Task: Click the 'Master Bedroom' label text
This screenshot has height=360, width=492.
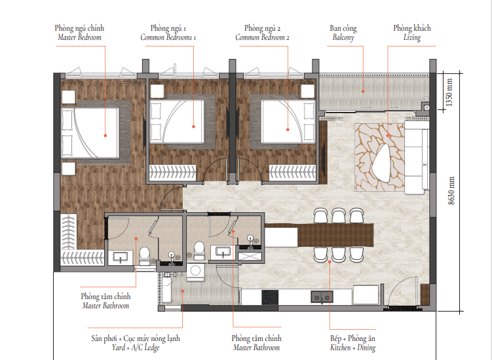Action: click(79, 37)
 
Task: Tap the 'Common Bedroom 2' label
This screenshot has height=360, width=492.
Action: click(262, 37)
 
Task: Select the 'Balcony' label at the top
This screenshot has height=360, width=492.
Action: click(343, 37)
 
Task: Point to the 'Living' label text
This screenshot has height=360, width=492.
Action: click(412, 37)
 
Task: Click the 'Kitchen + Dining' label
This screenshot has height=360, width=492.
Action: click(352, 348)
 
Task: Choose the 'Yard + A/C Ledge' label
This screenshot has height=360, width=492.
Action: click(136, 348)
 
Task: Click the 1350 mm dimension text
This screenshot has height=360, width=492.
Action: click(449, 92)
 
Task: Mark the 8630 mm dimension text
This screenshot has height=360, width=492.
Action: click(451, 191)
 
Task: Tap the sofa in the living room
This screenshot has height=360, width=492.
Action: click(417, 157)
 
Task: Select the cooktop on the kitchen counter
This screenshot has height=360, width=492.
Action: click(270, 297)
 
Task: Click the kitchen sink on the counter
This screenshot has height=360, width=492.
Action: click(322, 297)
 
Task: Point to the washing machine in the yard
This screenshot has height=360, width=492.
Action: click(195, 272)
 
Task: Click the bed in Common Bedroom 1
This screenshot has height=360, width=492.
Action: click(177, 121)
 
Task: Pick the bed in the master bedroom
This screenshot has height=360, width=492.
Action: click(90, 132)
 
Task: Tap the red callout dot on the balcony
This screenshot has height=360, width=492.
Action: click(363, 92)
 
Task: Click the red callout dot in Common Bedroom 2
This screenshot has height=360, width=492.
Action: click(288, 130)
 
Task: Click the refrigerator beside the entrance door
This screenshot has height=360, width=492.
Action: click(366, 295)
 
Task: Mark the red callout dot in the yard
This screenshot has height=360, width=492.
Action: click(183, 291)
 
